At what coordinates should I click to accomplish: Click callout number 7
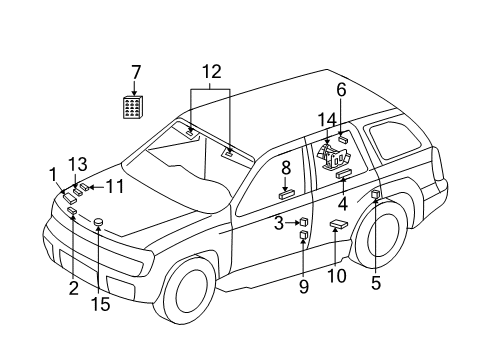[136, 72]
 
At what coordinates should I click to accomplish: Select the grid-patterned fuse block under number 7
[132, 107]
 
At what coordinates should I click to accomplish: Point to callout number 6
[340, 90]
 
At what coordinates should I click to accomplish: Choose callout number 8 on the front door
[285, 167]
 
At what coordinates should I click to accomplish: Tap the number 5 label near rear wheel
[375, 282]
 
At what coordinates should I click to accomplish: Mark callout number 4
[342, 203]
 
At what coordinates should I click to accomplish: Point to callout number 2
[72, 289]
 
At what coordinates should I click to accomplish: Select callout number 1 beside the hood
[51, 175]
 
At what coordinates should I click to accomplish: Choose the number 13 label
[77, 162]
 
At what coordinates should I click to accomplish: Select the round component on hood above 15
[98, 220]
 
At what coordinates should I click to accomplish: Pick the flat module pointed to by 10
[339, 227]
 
